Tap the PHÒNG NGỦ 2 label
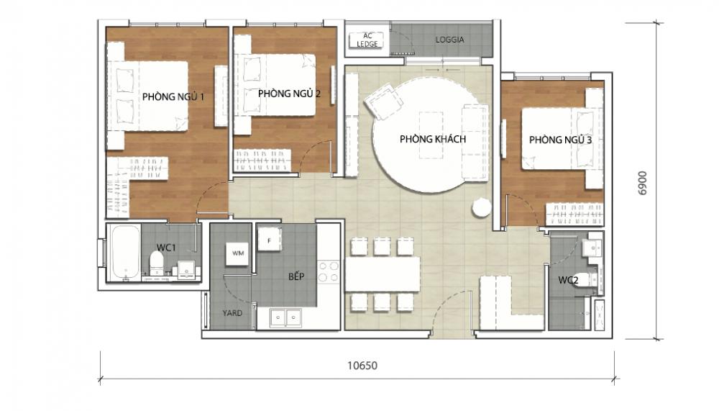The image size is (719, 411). [x=288, y=93]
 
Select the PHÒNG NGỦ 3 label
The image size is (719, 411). [x=560, y=140]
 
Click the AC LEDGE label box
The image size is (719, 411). [x=367, y=40]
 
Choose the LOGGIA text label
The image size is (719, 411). [x=449, y=40]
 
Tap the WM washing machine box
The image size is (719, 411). [x=237, y=253]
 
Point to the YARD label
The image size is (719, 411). [x=232, y=313]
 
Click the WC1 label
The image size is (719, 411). [x=167, y=248]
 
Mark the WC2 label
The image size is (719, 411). [x=568, y=280]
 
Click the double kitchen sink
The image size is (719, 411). [x=285, y=317]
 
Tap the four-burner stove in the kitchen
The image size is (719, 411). [x=329, y=271]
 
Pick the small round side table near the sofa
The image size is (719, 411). [x=481, y=207]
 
